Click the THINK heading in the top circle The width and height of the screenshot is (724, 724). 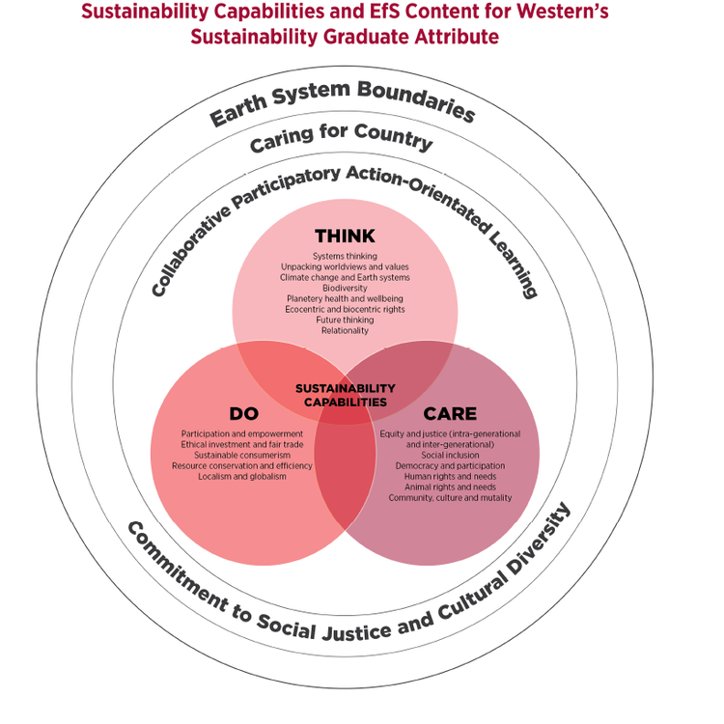(x=345, y=237)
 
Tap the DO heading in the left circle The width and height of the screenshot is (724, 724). (x=243, y=413)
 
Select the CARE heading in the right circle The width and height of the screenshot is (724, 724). (x=450, y=413)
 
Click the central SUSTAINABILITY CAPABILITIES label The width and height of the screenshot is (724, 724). (x=345, y=395)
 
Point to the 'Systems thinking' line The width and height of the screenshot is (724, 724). (x=345, y=255)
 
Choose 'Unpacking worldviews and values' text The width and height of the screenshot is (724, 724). (x=345, y=265)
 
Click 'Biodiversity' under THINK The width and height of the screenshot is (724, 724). (x=345, y=288)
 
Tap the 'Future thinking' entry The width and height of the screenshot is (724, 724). (x=345, y=320)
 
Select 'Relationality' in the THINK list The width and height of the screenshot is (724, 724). (x=345, y=330)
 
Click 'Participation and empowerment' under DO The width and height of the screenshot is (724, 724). (x=242, y=433)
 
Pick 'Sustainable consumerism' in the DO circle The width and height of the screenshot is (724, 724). (x=242, y=455)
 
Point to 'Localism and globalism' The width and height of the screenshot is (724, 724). (x=242, y=476)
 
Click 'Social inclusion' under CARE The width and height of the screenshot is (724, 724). (x=450, y=455)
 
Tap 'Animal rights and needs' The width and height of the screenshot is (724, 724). (x=450, y=487)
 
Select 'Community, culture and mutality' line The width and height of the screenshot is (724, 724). (x=450, y=497)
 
